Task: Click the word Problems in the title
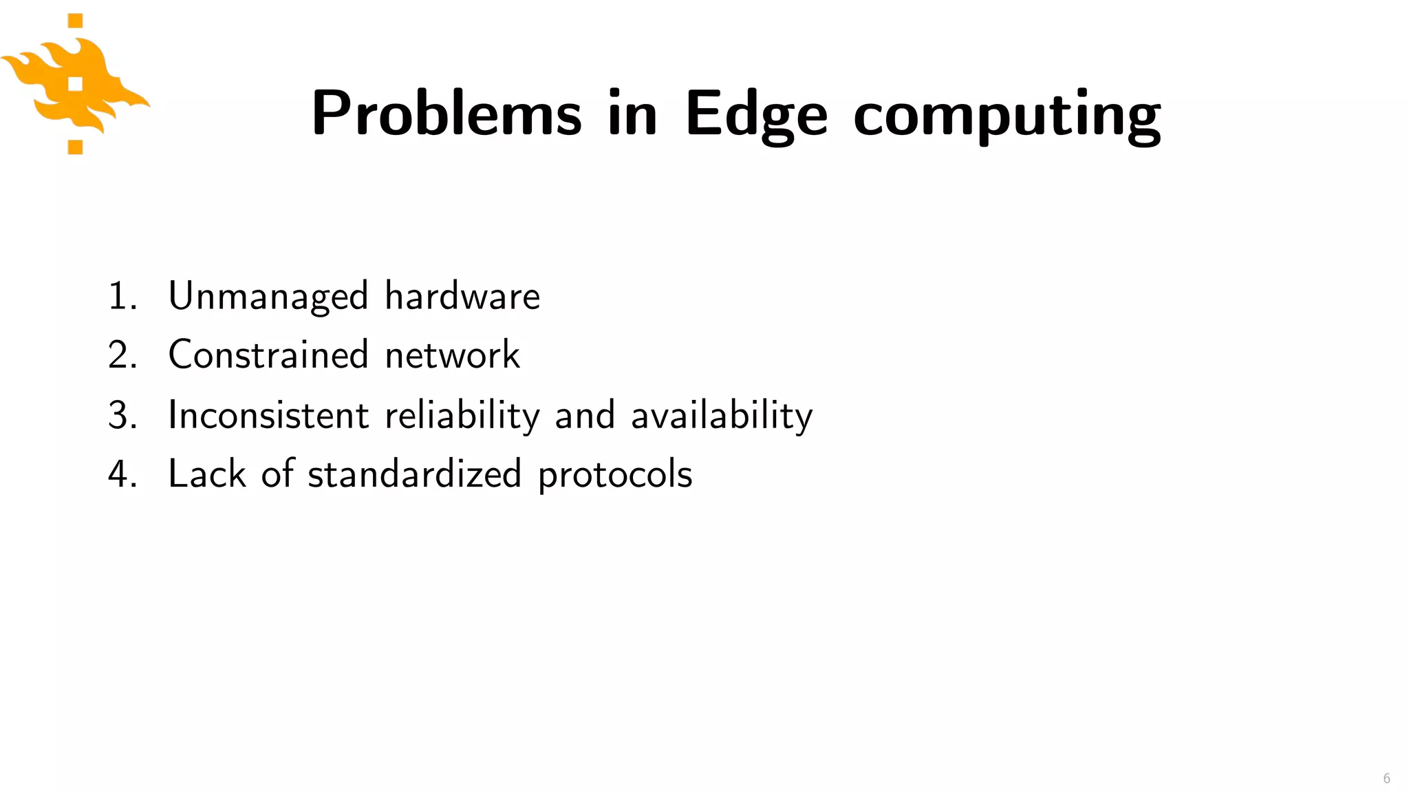coord(447,114)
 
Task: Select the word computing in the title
coord(1007,116)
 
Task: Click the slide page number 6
coord(1386,779)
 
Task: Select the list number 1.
coord(120,297)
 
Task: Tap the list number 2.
coord(121,356)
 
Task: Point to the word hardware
coord(462,297)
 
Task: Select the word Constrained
coord(268,355)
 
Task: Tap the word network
coord(452,356)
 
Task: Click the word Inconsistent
coord(268,415)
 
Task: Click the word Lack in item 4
coord(207,474)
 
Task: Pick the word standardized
coord(414,474)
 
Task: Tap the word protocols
coord(615,476)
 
